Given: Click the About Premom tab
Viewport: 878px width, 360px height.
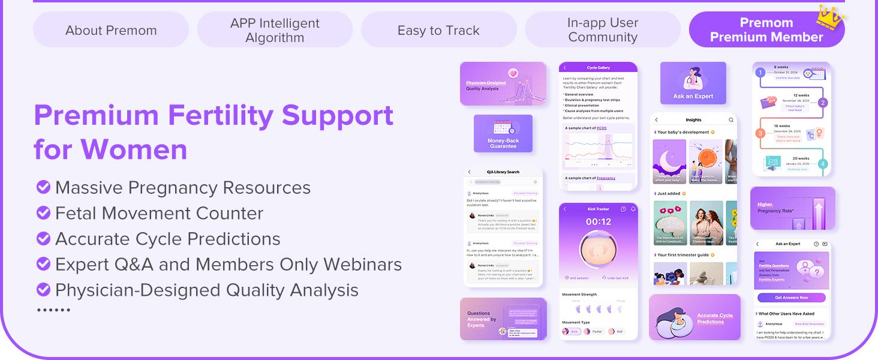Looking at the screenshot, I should [x=111, y=30].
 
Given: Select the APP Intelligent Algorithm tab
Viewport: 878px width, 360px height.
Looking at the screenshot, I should [x=275, y=30].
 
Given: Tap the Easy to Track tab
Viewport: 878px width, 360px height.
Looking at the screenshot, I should [x=438, y=30].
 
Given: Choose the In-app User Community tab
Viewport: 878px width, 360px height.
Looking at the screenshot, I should [x=603, y=30].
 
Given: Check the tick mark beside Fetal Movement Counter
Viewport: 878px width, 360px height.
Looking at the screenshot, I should [x=43, y=213].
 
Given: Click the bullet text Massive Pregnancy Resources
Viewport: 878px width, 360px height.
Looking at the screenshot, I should [x=182, y=188].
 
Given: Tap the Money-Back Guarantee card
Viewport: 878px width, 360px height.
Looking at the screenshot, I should [x=503, y=133].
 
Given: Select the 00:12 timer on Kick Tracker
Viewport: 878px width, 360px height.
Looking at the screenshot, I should [x=598, y=222].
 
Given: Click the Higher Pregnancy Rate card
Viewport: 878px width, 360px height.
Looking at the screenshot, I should [x=792, y=208].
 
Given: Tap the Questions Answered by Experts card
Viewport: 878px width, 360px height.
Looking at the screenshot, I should [x=503, y=319].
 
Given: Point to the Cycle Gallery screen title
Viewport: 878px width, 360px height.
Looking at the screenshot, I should [x=598, y=68].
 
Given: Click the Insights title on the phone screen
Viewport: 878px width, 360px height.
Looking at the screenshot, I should [x=693, y=120].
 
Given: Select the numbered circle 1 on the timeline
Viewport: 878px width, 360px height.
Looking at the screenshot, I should [x=760, y=73].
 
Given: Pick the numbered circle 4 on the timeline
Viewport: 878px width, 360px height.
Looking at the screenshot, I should [x=823, y=164].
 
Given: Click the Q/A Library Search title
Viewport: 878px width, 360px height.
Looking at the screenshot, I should [x=503, y=172].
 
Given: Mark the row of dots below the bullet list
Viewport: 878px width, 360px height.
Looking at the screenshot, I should [x=54, y=310].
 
